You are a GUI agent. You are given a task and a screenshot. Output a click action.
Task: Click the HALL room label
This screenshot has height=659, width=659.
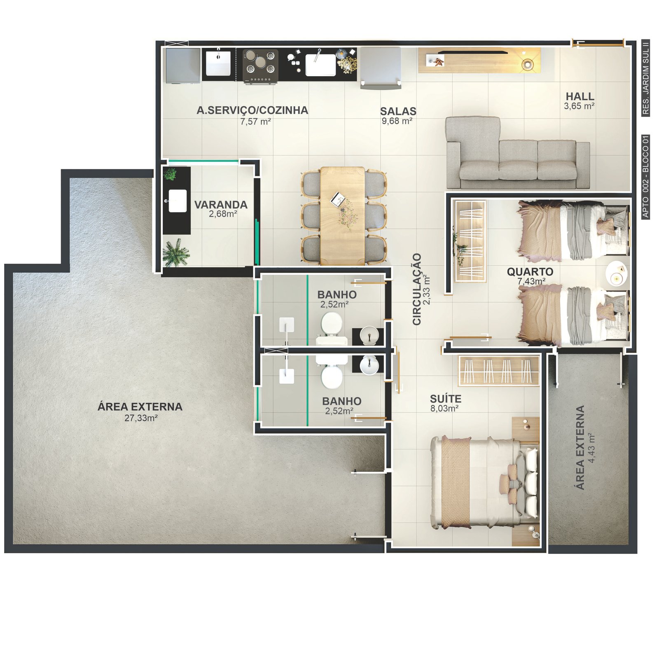tap(580, 96)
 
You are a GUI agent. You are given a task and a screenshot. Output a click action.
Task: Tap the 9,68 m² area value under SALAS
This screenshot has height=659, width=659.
tap(397, 121)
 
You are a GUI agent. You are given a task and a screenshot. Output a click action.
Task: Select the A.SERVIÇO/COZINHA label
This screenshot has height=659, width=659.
tap(252, 110)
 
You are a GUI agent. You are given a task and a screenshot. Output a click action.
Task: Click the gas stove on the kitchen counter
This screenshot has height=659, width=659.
tap(260, 66)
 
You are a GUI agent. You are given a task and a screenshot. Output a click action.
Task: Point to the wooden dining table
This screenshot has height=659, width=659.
tap(342, 215)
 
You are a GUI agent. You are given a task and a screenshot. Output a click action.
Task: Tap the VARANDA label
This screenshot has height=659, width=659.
tap(221, 205)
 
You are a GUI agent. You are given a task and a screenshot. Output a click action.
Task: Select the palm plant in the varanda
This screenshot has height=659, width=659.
tap(176, 252)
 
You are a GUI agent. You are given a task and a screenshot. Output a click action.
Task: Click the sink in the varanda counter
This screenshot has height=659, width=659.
tap(178, 201)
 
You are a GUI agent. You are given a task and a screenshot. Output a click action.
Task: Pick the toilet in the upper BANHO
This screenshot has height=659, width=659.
tap(331, 327)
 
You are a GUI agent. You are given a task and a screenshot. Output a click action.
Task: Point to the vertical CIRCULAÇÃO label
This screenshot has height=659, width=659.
tap(417, 289)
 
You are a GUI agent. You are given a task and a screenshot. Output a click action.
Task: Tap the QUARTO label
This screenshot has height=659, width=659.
tap(530, 272)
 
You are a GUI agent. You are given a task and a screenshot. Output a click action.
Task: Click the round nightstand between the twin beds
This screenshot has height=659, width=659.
tap(617, 273)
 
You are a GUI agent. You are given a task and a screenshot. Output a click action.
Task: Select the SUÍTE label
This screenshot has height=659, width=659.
tap(446, 399)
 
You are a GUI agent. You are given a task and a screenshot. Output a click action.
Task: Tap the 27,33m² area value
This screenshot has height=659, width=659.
tap(141, 418)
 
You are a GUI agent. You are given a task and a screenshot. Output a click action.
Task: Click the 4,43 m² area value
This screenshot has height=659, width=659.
tap(592, 448)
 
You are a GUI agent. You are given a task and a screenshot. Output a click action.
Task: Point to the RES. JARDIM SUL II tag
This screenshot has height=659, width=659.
tap(645, 78)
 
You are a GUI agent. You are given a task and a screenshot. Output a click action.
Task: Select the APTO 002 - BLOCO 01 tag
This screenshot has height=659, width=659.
tap(645, 177)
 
